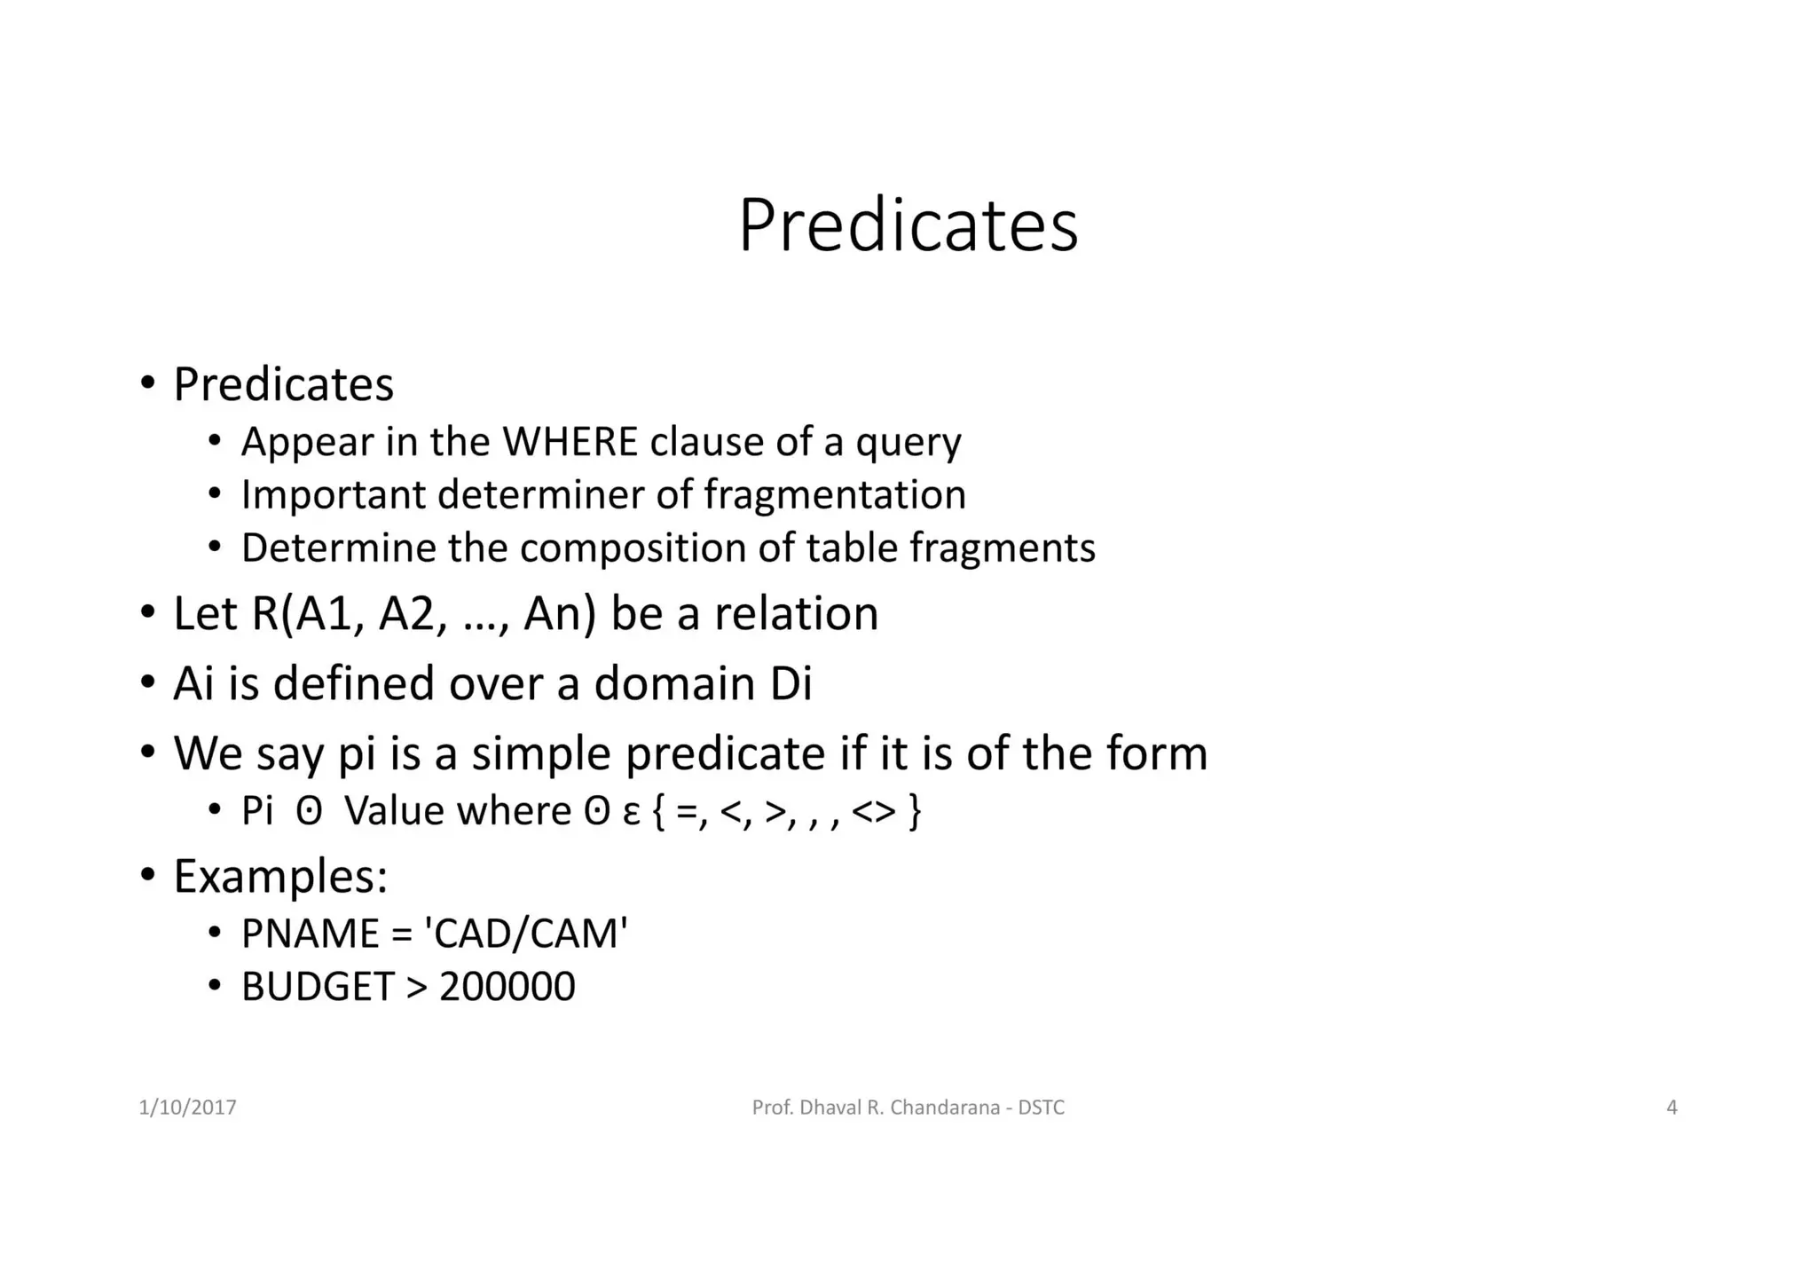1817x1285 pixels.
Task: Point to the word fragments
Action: coord(1003,548)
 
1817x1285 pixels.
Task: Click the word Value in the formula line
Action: coord(395,810)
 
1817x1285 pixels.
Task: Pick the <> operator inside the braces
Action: coord(873,810)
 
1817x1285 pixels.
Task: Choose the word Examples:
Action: coord(280,876)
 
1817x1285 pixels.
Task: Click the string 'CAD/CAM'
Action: coord(526,934)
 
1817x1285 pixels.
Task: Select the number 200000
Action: coord(507,987)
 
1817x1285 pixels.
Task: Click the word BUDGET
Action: coord(318,987)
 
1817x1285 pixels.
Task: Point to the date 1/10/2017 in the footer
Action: coord(187,1108)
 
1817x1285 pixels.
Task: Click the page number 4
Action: coord(1671,1108)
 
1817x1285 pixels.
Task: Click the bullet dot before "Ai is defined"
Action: coord(147,683)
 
